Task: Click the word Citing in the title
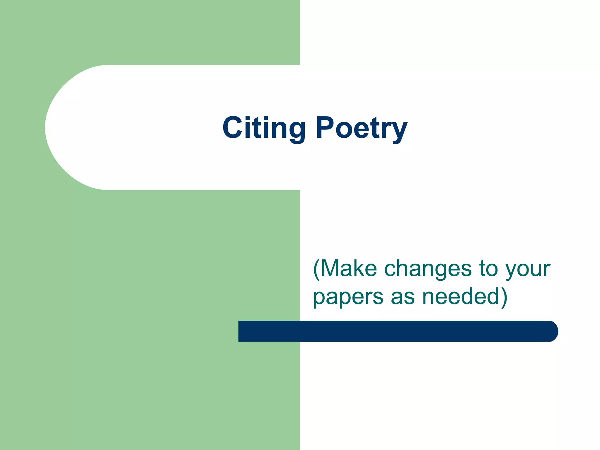tap(264, 128)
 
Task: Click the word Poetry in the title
tap(362, 128)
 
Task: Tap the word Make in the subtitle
tap(349, 268)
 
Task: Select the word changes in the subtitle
tap(428, 269)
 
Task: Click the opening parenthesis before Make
tap(317, 269)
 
